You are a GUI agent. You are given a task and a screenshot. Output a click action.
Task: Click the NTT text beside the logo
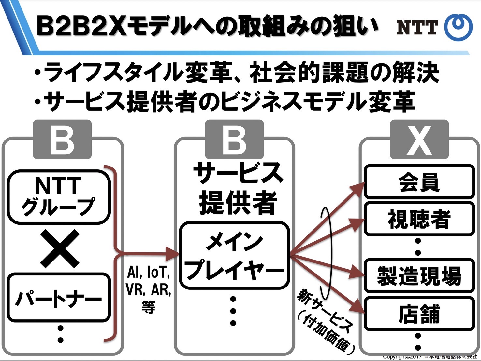point(417,27)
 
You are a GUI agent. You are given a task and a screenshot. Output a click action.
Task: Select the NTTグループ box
point(59,197)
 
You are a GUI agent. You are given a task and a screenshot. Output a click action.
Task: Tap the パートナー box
point(59,298)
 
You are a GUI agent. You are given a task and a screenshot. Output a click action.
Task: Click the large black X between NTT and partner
point(60,248)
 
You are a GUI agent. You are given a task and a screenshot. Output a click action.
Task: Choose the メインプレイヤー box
point(234,255)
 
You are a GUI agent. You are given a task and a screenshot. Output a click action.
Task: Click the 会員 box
point(419,182)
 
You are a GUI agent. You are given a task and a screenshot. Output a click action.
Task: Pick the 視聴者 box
point(419,219)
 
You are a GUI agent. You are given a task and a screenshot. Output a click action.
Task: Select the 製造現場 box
point(419,276)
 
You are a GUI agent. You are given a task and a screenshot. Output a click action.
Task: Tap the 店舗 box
point(419,314)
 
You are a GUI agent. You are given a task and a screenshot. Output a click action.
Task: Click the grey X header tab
point(419,140)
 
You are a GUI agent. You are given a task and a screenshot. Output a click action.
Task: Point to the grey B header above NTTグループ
point(62,140)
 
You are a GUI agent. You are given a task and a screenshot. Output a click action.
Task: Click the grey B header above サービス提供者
point(234,140)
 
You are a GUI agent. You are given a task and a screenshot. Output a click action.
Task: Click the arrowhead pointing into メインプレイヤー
point(173,253)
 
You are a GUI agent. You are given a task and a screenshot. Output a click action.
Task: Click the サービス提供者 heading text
point(238,189)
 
